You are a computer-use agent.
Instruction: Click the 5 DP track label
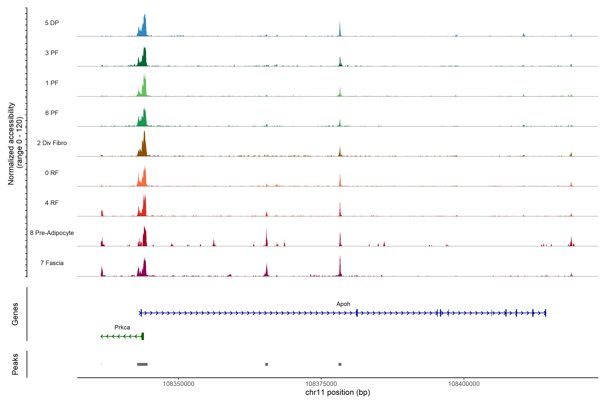tap(52, 23)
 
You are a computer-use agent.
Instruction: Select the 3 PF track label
tap(52, 53)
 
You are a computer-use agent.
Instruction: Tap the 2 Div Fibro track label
tap(52, 143)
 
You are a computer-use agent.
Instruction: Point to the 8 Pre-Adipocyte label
tap(52, 233)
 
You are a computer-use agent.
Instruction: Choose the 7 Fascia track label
tap(52, 263)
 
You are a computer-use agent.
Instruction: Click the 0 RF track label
tap(52, 173)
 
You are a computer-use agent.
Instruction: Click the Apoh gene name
tap(343, 304)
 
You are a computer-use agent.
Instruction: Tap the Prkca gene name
tap(122, 327)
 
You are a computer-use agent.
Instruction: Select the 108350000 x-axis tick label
tap(179, 384)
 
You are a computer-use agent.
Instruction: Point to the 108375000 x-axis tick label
tap(321, 384)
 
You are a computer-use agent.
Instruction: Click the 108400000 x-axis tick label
tap(464, 384)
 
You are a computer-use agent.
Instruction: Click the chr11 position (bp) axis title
tap(338, 392)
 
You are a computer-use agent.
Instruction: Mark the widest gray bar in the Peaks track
tap(142, 364)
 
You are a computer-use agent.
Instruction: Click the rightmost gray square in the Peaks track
tap(340, 364)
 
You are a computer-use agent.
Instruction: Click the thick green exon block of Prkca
tap(143, 336)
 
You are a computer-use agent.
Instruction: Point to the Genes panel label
tap(15, 314)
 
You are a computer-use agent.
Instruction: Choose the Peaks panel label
tap(15, 364)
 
